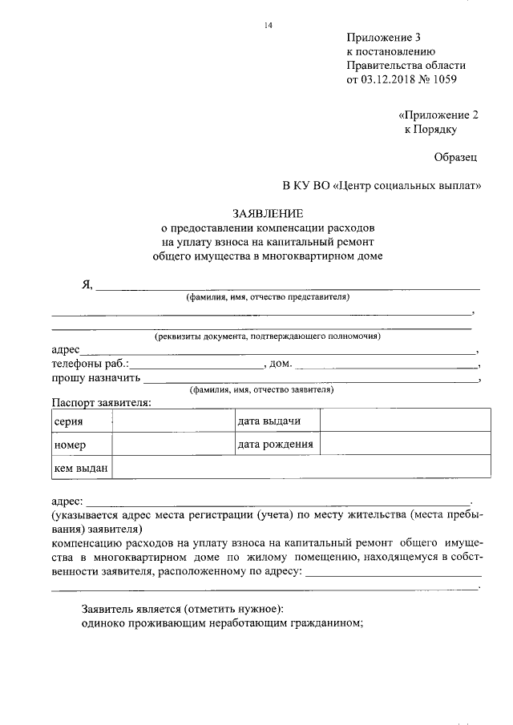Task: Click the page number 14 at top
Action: [269, 26]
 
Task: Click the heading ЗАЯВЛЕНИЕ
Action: [268, 214]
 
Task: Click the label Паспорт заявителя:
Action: [100, 402]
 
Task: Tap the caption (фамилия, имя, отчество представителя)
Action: [268, 297]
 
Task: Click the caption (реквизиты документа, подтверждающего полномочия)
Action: [267, 336]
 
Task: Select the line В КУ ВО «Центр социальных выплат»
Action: [382, 186]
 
